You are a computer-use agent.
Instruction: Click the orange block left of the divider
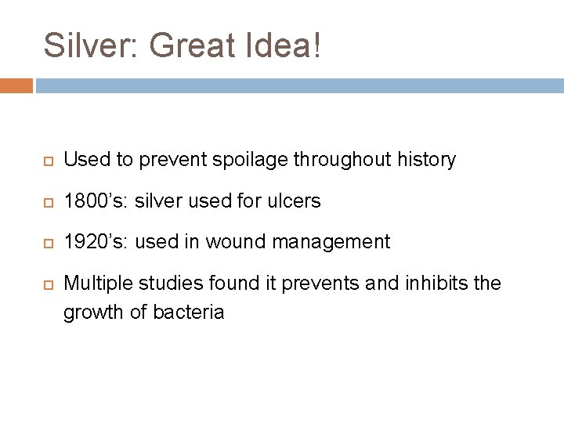pyautogui.click(x=16, y=85)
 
